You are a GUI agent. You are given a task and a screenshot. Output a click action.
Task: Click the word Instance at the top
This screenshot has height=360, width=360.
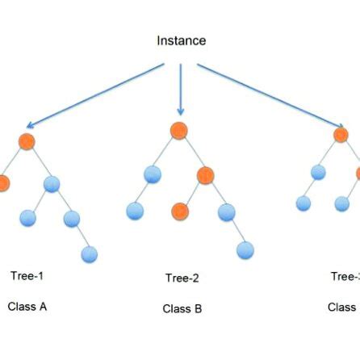tap(181, 40)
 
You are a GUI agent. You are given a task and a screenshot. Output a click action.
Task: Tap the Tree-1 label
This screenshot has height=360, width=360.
tap(27, 276)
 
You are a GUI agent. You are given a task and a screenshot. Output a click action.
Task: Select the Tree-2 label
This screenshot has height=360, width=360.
tap(182, 278)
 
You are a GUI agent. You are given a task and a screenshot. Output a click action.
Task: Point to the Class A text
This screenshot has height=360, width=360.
tap(27, 307)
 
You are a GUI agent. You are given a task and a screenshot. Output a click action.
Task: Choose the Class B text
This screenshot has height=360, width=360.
tap(182, 309)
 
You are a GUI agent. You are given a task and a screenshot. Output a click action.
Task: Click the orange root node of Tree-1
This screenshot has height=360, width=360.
tap(27, 142)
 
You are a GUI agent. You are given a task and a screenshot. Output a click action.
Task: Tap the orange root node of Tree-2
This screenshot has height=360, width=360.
tap(179, 131)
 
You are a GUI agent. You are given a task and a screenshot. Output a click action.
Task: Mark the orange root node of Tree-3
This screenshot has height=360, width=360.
tap(341, 135)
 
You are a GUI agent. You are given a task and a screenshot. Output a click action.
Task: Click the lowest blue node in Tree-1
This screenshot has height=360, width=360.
tap(90, 254)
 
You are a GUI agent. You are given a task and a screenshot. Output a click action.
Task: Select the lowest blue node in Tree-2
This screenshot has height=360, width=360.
tap(245, 250)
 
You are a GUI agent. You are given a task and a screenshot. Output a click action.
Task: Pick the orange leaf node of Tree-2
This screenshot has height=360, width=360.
tap(180, 211)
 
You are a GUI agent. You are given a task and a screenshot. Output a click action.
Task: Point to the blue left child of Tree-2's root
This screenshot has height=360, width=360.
tap(153, 174)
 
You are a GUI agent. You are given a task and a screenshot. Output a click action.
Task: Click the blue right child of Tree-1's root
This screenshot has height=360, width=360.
tap(52, 184)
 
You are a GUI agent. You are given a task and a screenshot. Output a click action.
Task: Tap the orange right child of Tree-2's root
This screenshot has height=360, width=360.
tap(206, 175)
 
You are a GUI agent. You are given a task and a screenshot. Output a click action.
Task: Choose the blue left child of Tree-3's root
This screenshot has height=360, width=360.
tap(318, 172)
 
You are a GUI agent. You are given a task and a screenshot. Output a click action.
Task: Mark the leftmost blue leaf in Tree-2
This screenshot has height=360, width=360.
tap(135, 211)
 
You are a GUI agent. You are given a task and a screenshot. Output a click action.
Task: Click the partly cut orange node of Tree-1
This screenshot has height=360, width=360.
tap(3, 183)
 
